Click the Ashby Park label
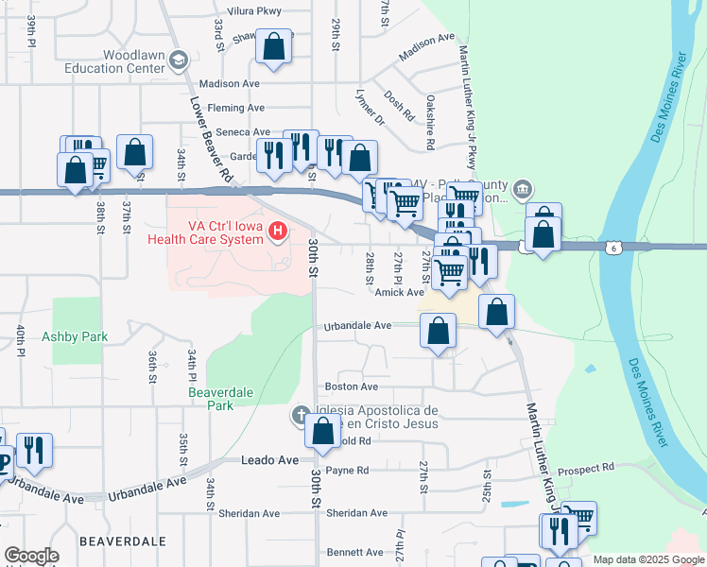(x=75, y=336)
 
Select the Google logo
(x=31, y=556)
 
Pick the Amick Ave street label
(x=399, y=293)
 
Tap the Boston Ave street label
(x=352, y=387)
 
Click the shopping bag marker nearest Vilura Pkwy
(x=273, y=46)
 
